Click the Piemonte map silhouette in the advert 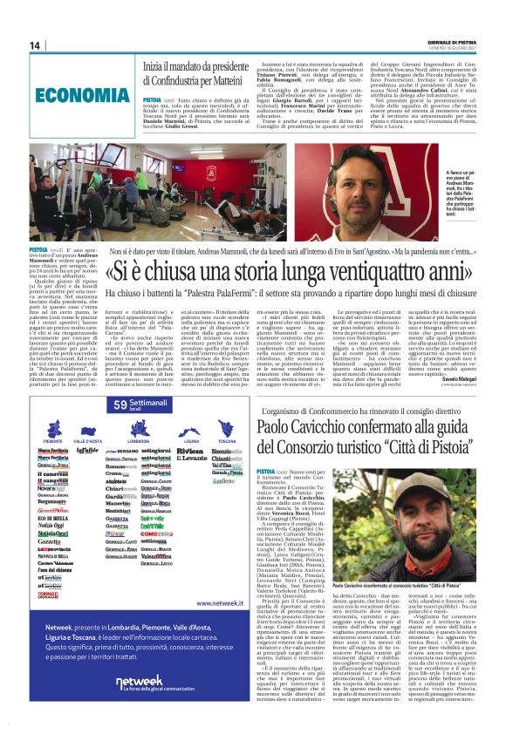53,429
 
